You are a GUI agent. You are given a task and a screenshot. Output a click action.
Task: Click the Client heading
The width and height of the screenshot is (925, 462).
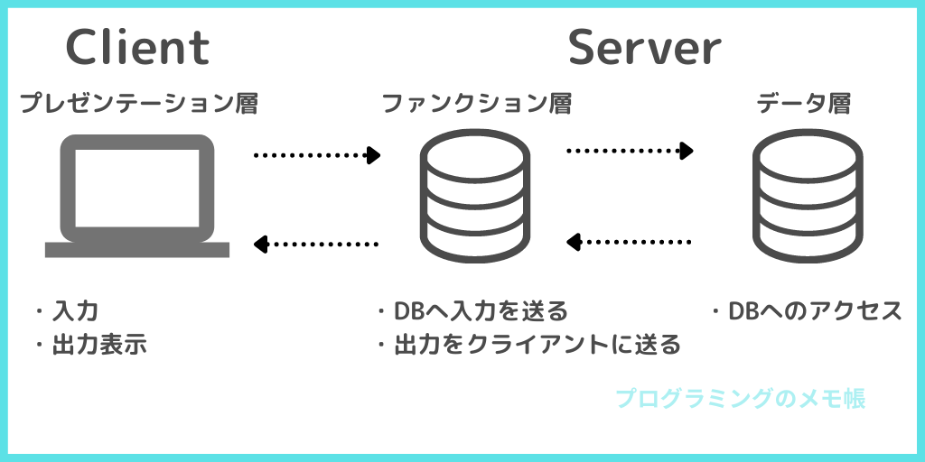coord(137,47)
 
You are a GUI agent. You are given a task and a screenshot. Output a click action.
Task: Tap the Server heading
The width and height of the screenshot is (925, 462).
coord(644,47)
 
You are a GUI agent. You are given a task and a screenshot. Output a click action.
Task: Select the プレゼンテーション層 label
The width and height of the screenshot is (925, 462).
coord(138,104)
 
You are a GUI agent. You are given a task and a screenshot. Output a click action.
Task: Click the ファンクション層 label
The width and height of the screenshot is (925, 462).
coord(477,104)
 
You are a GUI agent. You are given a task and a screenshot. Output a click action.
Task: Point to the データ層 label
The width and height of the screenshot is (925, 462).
coord(803,104)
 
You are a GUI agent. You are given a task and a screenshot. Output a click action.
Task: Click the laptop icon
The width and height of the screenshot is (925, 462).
coord(137,196)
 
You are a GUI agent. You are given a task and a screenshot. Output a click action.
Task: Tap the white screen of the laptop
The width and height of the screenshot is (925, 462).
coord(137,188)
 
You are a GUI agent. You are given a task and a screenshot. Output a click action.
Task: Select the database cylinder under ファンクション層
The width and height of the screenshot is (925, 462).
coord(475,196)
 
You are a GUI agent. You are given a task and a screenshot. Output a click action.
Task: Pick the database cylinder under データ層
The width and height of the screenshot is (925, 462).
coord(808,196)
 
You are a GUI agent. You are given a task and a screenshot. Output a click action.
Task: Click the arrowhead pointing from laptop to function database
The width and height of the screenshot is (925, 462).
coord(373,155)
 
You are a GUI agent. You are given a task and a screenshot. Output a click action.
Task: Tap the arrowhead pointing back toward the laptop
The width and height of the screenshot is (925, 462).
coord(260,244)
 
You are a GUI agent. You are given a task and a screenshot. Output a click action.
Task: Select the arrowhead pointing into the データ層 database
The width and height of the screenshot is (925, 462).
coord(687,151)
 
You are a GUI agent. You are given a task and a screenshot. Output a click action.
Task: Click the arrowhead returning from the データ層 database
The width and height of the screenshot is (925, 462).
coord(574,242)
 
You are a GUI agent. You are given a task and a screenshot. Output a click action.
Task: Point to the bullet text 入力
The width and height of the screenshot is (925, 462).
coord(75,310)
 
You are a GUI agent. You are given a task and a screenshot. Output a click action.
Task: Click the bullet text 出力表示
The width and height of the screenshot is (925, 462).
coord(99,345)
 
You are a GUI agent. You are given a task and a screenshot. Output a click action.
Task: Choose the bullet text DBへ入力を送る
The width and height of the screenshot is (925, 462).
coord(481,310)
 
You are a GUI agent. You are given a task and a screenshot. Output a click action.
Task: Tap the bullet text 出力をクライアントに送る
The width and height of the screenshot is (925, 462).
coord(537,345)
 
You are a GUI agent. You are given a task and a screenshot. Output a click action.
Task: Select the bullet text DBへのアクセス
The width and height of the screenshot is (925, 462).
coord(816,310)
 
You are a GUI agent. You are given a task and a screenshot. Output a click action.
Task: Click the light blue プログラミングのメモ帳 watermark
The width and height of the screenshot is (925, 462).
coord(741,399)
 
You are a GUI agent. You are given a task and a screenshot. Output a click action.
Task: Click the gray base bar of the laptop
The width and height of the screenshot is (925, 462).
coord(137,250)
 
